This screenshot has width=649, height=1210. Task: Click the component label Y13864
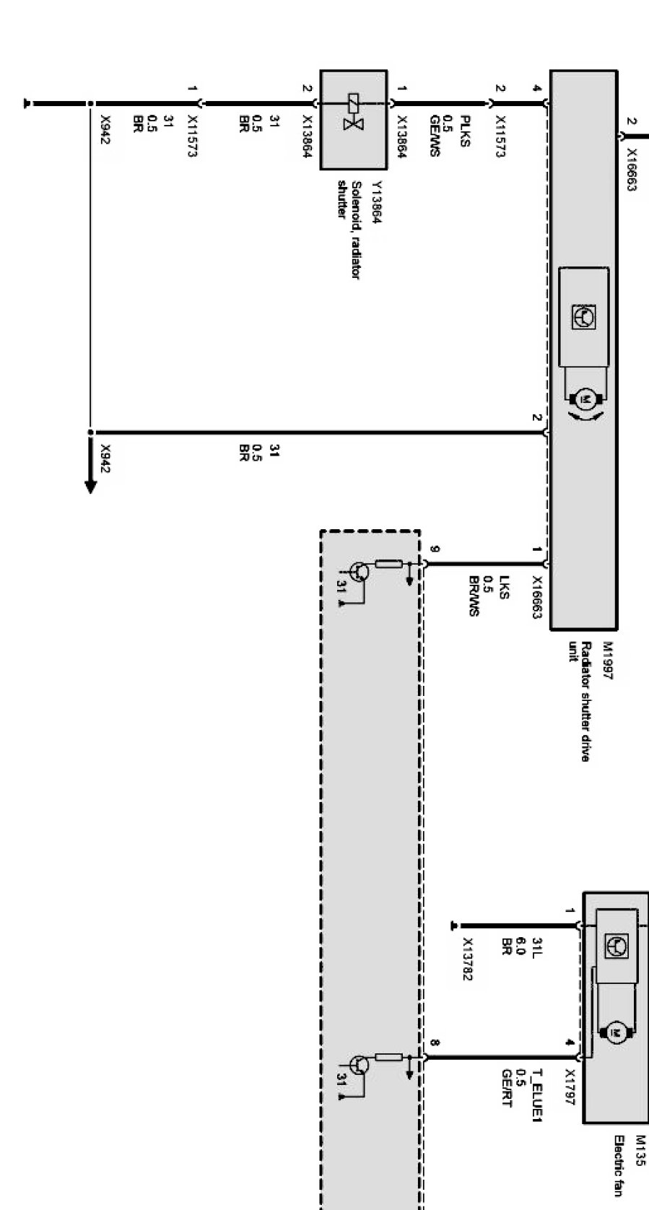pos(377,203)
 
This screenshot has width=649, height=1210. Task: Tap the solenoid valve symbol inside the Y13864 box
pos(354,112)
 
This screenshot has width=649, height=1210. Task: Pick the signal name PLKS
pos(466,131)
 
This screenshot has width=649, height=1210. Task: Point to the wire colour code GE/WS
pos(435,136)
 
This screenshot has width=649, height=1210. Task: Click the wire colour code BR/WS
pos(474,596)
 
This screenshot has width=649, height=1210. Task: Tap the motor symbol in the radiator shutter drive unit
pos(586,399)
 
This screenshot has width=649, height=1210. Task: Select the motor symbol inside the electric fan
pos(616,1034)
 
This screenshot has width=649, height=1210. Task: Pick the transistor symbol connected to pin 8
pos(359,1065)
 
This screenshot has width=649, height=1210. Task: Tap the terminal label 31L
pos(536,946)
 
